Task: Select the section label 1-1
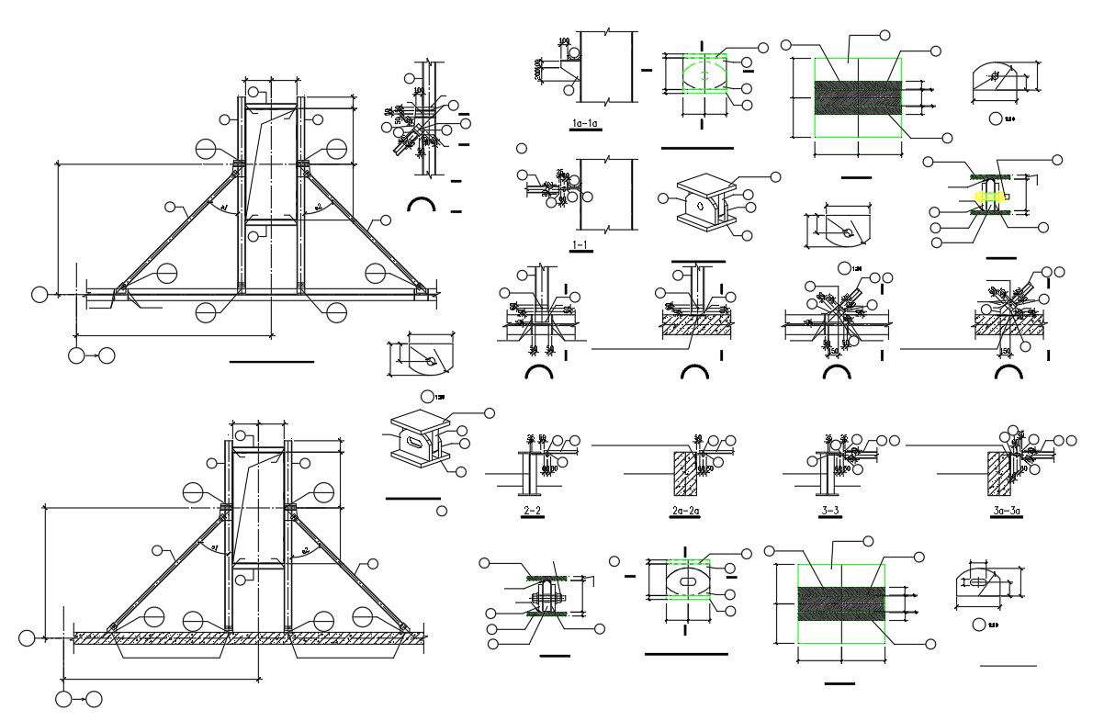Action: point(580,245)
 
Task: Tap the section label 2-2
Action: point(533,511)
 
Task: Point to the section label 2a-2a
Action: point(687,511)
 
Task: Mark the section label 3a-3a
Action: point(1007,511)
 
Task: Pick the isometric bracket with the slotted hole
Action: point(415,442)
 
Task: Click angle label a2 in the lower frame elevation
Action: point(304,551)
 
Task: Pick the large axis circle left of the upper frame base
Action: point(39,295)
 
